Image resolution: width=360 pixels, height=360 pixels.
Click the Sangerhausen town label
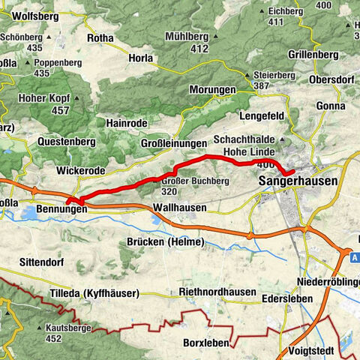(297, 181)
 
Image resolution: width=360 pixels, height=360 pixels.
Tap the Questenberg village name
(64, 141)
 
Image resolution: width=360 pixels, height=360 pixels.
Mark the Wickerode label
(80, 170)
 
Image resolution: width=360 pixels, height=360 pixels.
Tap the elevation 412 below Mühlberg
(199, 49)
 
